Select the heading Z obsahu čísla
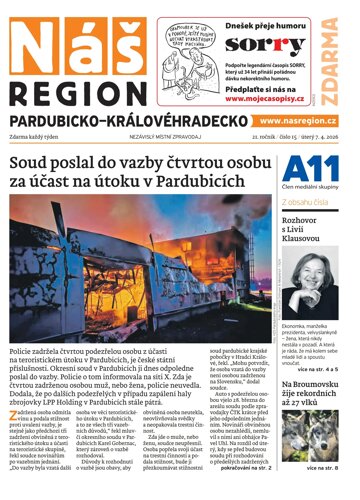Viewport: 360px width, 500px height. click(x=312, y=201)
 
